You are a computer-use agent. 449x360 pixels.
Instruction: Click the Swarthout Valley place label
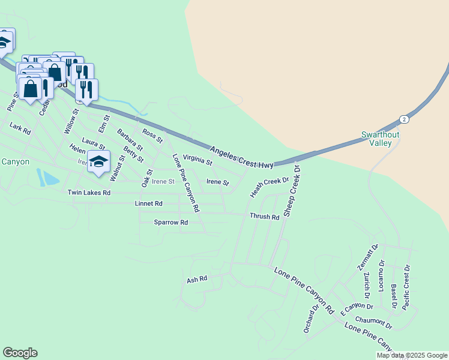(380, 139)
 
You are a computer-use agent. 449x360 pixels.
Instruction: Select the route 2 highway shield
(405, 119)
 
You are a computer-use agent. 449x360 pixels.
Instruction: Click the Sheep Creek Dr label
(292, 192)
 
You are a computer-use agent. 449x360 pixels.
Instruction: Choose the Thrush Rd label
(264, 217)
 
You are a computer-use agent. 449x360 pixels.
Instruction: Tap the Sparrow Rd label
(171, 223)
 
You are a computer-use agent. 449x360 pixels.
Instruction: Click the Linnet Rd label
(149, 204)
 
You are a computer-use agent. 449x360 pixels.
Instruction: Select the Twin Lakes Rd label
(89, 193)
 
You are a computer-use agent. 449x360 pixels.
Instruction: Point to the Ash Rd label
(197, 280)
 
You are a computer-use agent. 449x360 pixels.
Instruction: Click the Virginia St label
(197, 159)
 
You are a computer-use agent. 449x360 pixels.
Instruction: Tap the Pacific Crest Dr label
(407, 287)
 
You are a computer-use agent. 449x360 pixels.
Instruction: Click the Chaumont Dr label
(373, 323)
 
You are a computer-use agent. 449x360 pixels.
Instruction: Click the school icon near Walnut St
(99, 161)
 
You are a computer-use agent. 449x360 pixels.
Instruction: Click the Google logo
(20, 353)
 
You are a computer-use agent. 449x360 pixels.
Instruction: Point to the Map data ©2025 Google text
(412, 355)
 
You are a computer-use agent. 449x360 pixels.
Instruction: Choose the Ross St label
(152, 136)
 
